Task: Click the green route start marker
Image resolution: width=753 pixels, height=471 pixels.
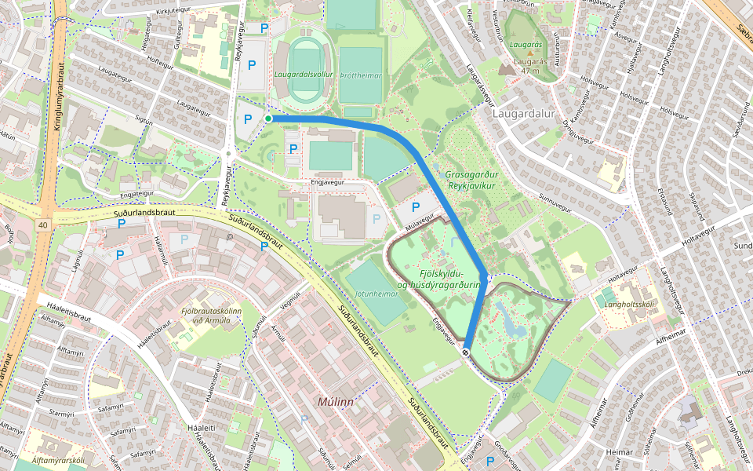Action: click(x=268, y=119)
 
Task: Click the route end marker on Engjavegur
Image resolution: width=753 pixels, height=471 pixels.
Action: click(x=466, y=352)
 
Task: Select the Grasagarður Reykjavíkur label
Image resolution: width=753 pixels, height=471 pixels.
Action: click(x=470, y=180)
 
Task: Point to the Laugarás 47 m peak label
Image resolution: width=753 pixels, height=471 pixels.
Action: click(x=531, y=65)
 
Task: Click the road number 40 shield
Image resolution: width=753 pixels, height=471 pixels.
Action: click(x=42, y=225)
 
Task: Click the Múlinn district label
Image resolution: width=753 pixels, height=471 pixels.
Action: click(x=336, y=401)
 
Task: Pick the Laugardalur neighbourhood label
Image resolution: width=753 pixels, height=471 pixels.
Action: click(x=523, y=113)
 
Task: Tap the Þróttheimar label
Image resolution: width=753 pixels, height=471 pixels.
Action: click(x=361, y=75)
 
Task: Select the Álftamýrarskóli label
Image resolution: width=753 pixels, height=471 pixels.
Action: click(x=35, y=460)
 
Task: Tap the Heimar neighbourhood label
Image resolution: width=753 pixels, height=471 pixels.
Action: click(x=620, y=452)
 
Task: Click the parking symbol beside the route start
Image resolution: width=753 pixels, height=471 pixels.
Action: click(x=248, y=119)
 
